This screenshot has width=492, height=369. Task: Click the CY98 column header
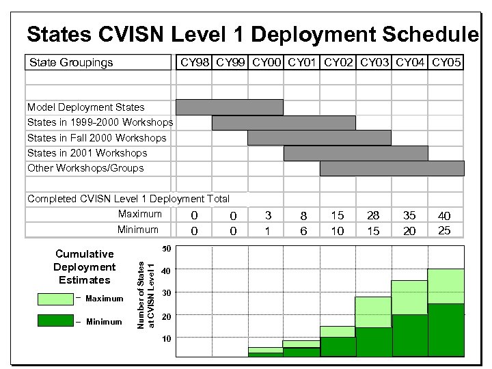pyautogui.click(x=194, y=63)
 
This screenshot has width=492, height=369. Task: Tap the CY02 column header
pyautogui.click(x=338, y=63)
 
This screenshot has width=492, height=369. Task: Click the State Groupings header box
pyautogui.click(x=98, y=63)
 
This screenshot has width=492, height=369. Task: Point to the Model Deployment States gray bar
pyautogui.click(x=229, y=107)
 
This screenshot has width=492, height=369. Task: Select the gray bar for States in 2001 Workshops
pyautogui.click(x=355, y=153)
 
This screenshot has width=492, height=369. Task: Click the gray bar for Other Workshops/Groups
pyautogui.click(x=392, y=168)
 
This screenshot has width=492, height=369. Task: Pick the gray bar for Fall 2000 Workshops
pyautogui.click(x=319, y=138)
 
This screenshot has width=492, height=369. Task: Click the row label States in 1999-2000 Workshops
pyautogui.click(x=100, y=122)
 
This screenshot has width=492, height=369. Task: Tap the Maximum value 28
pyautogui.click(x=373, y=216)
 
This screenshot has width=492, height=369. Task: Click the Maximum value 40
pyautogui.click(x=445, y=216)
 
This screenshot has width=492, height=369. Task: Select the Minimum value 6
pyautogui.click(x=303, y=231)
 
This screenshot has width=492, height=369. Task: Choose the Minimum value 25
pyautogui.click(x=445, y=230)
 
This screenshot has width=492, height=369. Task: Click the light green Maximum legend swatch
pyautogui.click(x=55, y=299)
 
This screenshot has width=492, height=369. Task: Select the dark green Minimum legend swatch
pyautogui.click(x=55, y=321)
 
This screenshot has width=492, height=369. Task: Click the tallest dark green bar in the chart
pyautogui.click(x=446, y=330)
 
